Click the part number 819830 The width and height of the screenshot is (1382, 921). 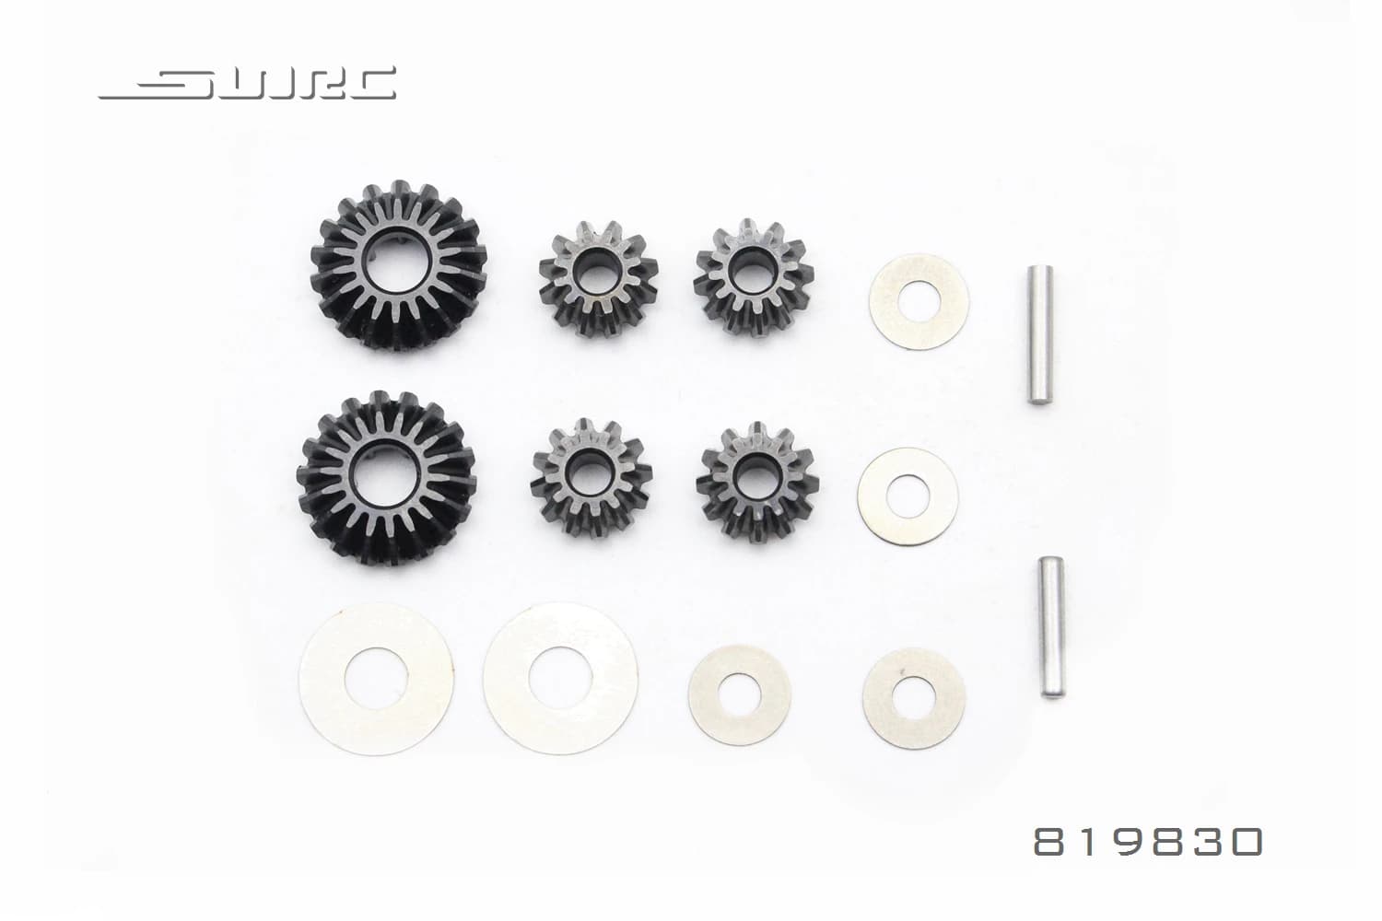(1147, 841)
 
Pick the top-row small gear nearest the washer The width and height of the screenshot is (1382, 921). (755, 280)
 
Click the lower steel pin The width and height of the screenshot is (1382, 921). (1048, 626)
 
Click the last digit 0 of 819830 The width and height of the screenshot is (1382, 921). (1244, 841)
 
